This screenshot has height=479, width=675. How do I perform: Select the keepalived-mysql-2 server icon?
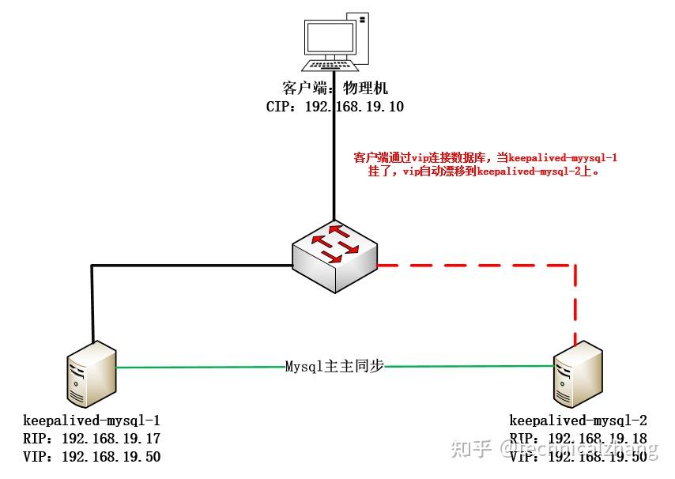tap(579, 376)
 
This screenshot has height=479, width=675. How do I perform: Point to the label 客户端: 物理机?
tap(335, 88)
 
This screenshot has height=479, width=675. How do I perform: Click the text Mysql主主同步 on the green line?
tap(334, 367)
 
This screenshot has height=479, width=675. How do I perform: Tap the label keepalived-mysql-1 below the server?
tap(92, 420)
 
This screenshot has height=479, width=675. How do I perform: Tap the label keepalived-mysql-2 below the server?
tap(578, 420)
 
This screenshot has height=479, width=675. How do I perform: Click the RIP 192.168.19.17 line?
tap(92, 438)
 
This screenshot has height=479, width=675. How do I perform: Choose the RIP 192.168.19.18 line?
tap(578, 438)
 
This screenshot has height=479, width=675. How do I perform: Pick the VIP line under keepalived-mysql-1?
tap(92, 456)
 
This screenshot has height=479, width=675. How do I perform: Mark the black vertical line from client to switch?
tap(335, 174)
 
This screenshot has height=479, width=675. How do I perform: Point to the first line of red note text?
tap(485, 158)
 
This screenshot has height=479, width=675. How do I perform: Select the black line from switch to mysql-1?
tap(158, 266)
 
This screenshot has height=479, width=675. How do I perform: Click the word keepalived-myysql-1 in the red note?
tap(563, 158)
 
